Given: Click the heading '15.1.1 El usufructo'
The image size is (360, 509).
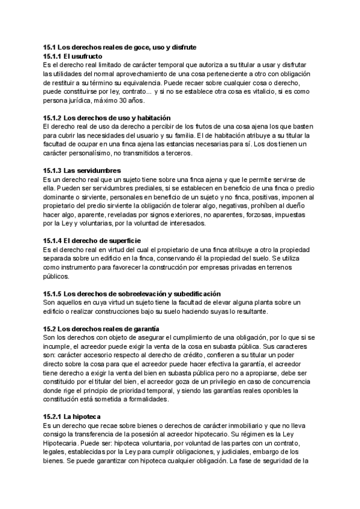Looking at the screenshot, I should tap(77, 56).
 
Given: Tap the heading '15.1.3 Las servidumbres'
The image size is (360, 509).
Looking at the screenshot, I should tap(82, 170).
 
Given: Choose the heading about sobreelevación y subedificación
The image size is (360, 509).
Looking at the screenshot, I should tap(133, 294).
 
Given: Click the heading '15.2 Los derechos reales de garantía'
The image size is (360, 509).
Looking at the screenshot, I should tap(101, 329).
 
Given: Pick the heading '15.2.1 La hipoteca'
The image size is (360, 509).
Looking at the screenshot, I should tap(71, 417).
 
